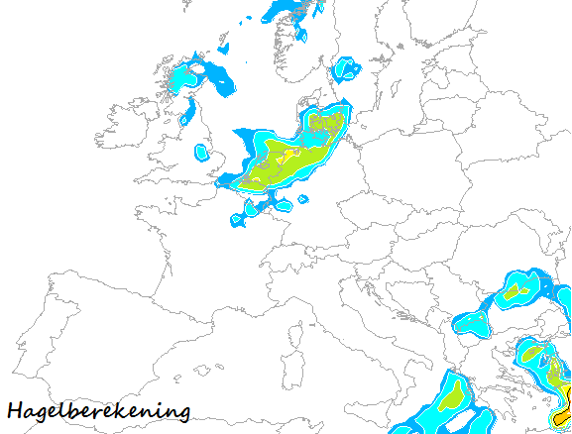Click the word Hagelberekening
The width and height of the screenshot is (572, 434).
pyautogui.click(x=97, y=410)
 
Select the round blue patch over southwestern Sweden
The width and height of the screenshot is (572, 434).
pyautogui.click(x=347, y=69)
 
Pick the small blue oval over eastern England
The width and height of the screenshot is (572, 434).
pyautogui.click(x=203, y=153)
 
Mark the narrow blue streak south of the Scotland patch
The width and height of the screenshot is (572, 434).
pyautogui.click(x=187, y=111)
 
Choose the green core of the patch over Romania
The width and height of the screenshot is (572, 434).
pyautogui.click(x=513, y=293)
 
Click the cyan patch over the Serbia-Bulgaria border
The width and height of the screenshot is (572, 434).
pyautogui.click(x=472, y=321)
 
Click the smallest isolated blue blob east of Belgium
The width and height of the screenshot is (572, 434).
pyautogui.click(x=303, y=197)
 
